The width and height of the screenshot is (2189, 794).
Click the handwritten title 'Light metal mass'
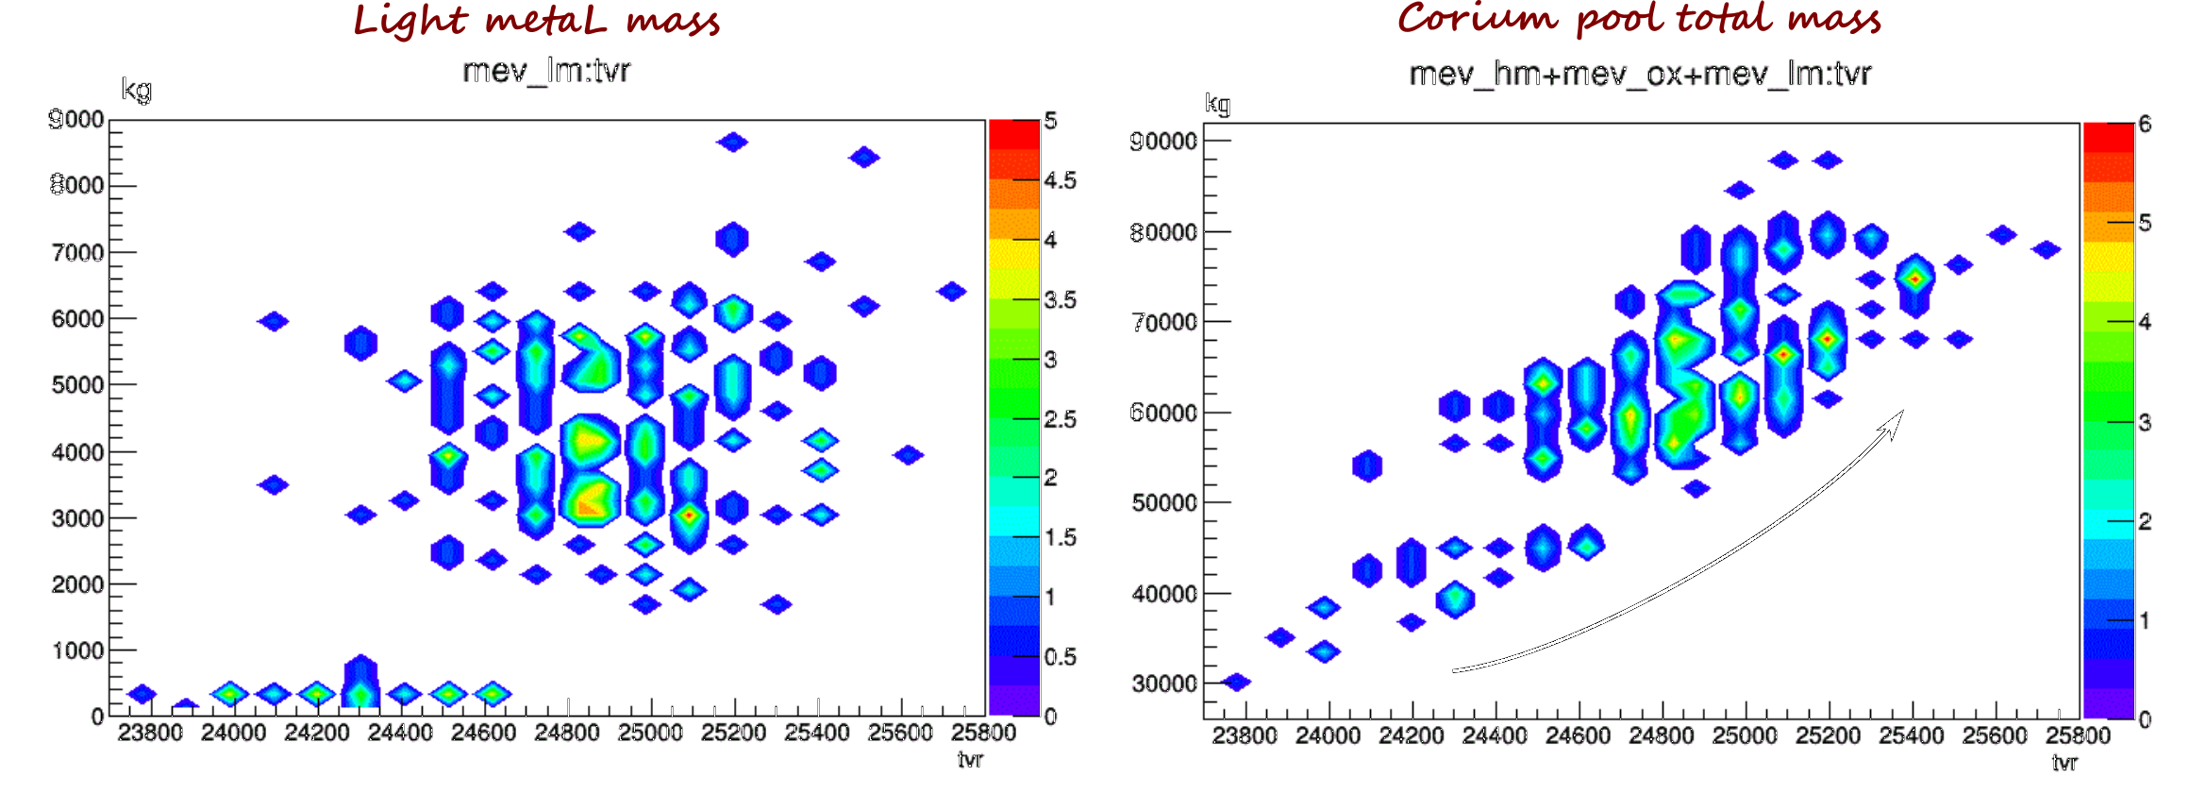pos(536,20)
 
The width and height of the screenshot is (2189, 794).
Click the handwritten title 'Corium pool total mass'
pos(1639,20)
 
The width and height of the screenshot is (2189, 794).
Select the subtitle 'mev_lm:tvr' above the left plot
pos(546,71)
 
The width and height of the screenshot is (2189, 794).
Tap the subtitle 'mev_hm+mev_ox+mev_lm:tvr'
pos(1640,74)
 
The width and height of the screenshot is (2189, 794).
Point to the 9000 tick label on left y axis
pos(76,119)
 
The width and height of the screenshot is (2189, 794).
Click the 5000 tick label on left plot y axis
pos(77,385)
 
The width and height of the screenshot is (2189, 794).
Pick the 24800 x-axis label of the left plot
pos(566,733)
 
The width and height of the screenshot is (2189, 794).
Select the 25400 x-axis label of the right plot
pos(1911,735)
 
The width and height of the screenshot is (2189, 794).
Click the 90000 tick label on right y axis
pos(1163,141)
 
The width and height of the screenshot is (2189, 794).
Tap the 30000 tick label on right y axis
pos(1163,684)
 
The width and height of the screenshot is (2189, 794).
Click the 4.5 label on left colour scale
pos(1061,180)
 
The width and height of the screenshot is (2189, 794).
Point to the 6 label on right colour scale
pos(2145,124)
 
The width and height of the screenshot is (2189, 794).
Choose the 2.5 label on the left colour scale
pos(1061,419)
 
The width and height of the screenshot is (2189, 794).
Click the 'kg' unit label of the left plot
pos(136,91)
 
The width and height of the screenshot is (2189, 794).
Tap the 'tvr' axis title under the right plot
pos(2064,762)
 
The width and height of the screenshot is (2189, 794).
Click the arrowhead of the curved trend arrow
pos(1895,422)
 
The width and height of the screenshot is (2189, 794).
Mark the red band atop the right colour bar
pos(2108,138)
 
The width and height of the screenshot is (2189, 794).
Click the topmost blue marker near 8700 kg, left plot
pos(732,143)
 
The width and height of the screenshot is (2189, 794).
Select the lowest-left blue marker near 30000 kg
pos(1236,682)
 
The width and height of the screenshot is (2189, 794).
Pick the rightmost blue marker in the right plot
pos(2046,249)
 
